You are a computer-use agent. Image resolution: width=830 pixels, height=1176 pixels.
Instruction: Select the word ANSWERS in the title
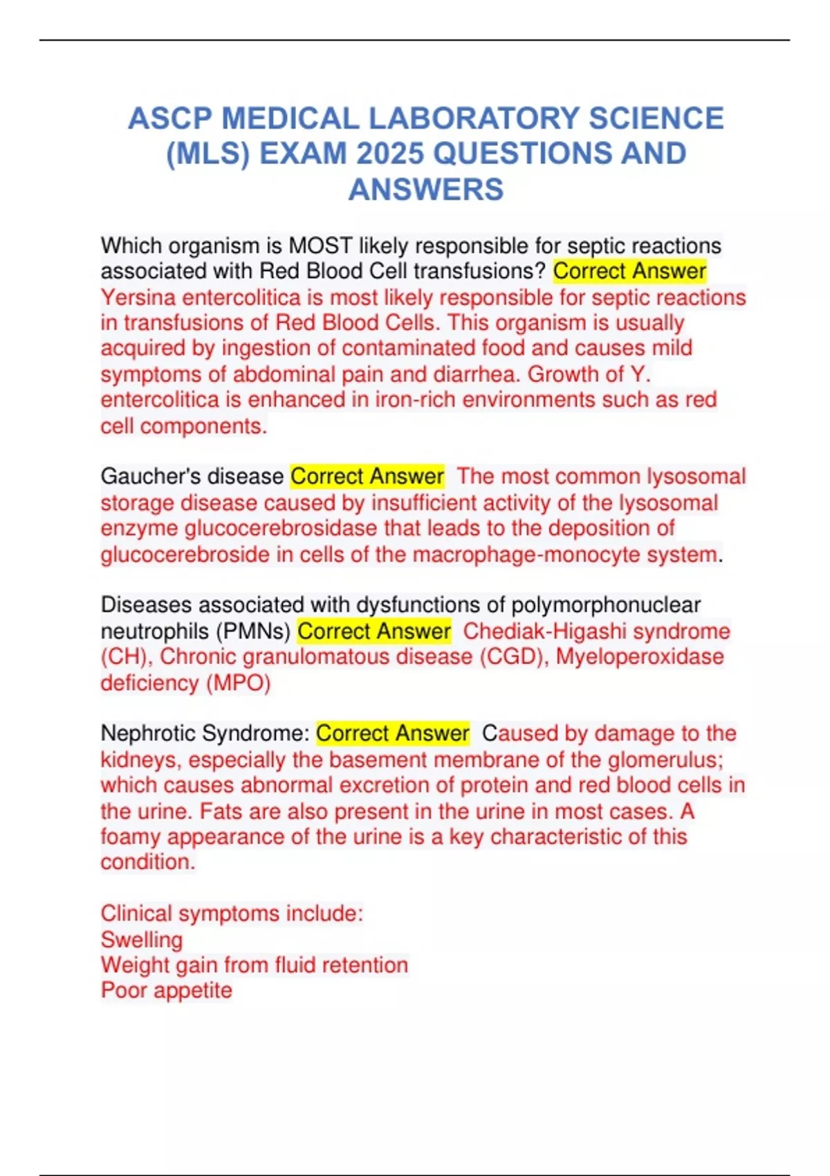(x=426, y=190)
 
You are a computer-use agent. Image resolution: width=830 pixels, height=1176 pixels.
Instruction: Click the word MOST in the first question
(x=320, y=246)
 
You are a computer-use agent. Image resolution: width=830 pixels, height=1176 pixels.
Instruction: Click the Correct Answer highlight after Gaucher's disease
(x=367, y=477)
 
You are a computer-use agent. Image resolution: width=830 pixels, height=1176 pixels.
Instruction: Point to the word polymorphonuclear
(x=606, y=605)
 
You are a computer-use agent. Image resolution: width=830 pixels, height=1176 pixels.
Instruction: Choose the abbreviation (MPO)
(x=238, y=683)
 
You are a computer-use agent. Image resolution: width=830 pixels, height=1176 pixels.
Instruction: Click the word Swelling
(x=142, y=939)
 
